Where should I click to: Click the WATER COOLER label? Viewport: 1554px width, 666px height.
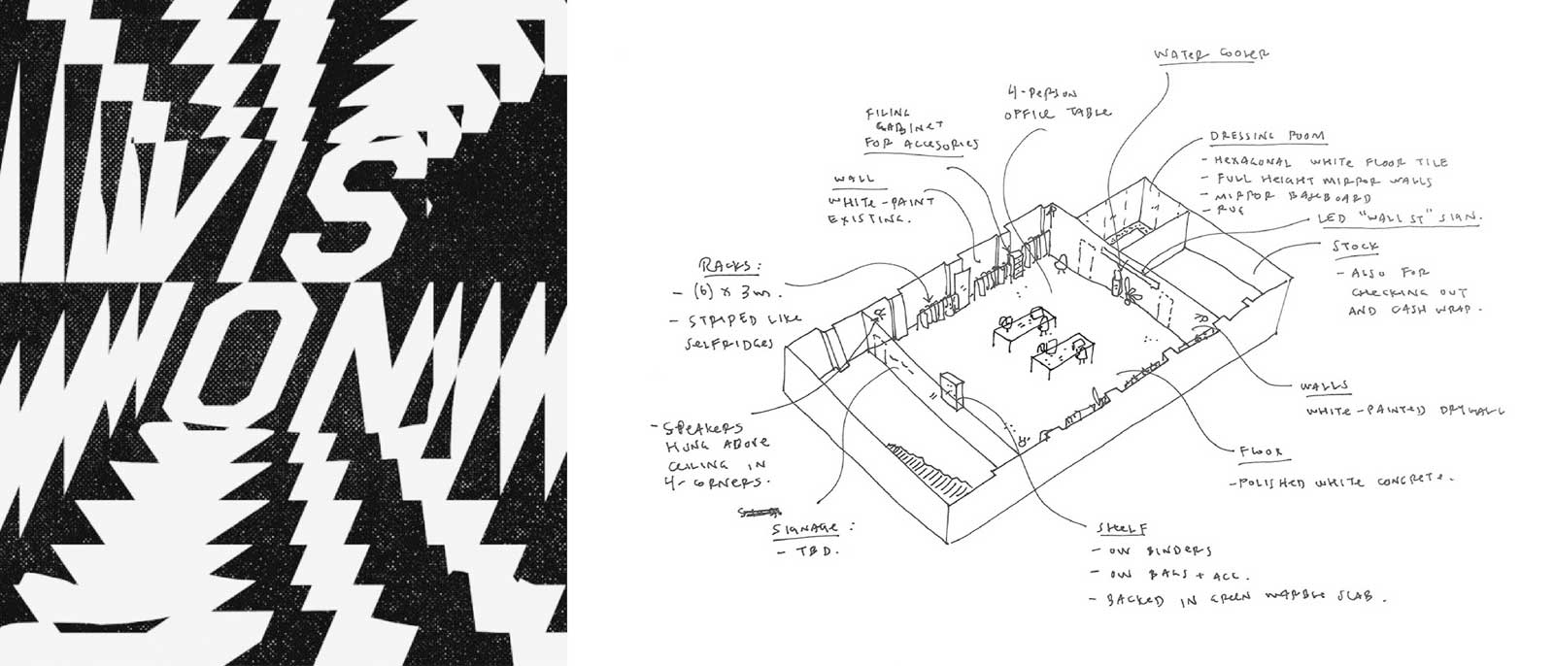coord(1210,55)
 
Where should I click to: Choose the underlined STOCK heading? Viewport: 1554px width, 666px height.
coord(1356,249)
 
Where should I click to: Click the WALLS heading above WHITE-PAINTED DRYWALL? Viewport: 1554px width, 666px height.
coord(1325,386)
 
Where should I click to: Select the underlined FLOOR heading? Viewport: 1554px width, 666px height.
coord(1261,451)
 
